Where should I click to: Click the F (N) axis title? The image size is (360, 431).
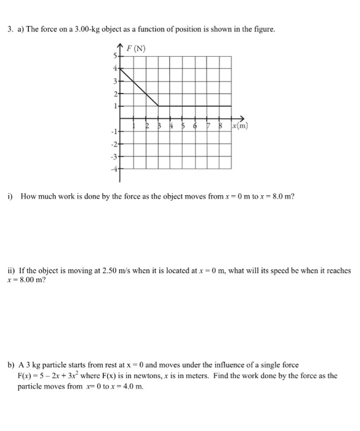[136, 49]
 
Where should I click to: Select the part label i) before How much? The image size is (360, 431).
[10, 196]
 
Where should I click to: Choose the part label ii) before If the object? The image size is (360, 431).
[12, 270]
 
